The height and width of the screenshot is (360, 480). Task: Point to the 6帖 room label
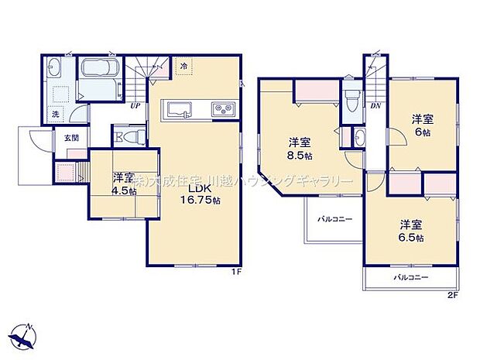click(421, 125)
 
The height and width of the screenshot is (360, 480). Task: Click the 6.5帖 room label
click(411, 231)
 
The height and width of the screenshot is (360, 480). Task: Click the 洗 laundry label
click(55, 115)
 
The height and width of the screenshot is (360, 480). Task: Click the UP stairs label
click(135, 106)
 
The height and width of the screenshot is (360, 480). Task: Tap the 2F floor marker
click(451, 295)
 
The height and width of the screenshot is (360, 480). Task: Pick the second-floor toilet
click(353, 98)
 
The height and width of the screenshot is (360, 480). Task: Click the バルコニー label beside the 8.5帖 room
click(334, 220)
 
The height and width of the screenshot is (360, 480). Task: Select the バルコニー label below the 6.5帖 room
click(410, 276)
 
